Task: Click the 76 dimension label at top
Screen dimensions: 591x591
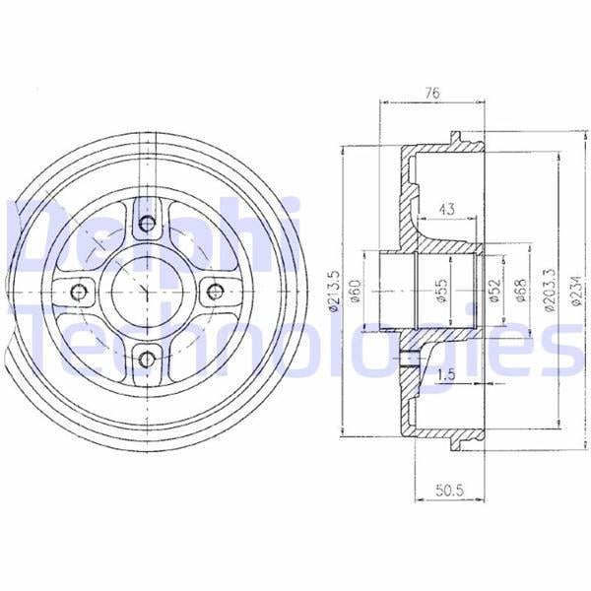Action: click(432, 93)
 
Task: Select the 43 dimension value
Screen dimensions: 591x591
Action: click(446, 209)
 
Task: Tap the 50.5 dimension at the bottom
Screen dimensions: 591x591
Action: click(449, 491)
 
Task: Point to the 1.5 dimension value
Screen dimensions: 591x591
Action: click(446, 374)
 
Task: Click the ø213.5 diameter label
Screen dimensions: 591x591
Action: click(334, 291)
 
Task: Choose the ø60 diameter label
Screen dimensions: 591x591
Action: click(356, 291)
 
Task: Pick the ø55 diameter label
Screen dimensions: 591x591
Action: click(442, 291)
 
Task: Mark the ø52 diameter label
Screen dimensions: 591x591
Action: click(494, 291)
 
